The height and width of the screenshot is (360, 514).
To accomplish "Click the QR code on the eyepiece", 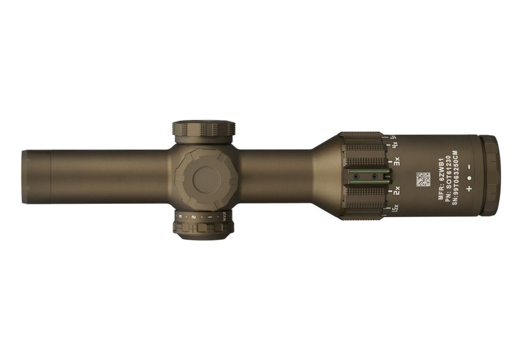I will click(x=423, y=179).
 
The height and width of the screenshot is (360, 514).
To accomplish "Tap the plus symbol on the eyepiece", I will click(x=469, y=189).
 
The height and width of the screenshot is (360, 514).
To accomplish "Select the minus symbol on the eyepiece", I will click(x=469, y=167).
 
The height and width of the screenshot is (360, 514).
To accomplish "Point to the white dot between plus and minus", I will click(x=469, y=178).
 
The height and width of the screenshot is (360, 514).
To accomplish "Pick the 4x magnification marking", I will click(x=395, y=146).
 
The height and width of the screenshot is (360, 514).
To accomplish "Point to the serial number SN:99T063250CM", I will click(x=455, y=178).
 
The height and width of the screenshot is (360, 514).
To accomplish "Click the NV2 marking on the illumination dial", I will click(x=224, y=217).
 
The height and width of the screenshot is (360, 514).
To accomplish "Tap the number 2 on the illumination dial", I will click(x=193, y=217).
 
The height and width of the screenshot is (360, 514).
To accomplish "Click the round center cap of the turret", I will click(x=206, y=179).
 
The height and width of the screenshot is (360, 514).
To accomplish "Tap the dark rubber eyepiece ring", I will click(x=490, y=175).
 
